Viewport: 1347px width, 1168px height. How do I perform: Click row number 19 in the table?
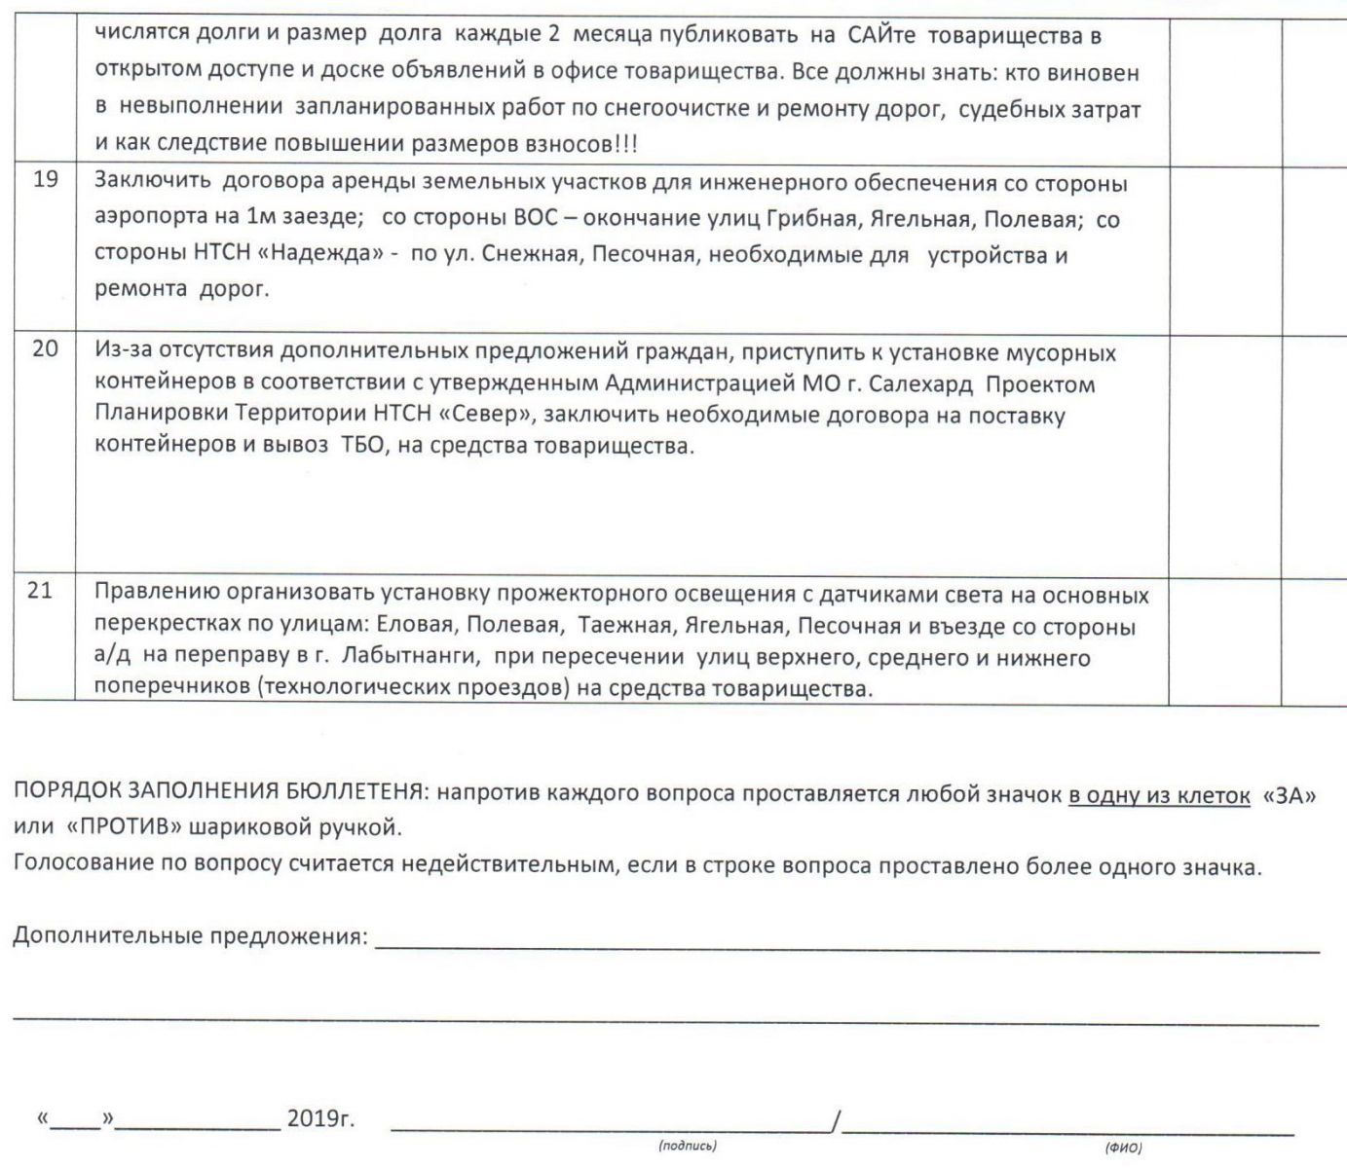point(45,180)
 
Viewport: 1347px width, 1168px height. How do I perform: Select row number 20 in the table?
point(45,348)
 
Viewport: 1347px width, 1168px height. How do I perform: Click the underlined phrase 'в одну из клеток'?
point(1158,794)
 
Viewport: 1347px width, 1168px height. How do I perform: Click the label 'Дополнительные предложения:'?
point(190,936)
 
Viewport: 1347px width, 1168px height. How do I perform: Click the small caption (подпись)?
point(688,1147)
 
